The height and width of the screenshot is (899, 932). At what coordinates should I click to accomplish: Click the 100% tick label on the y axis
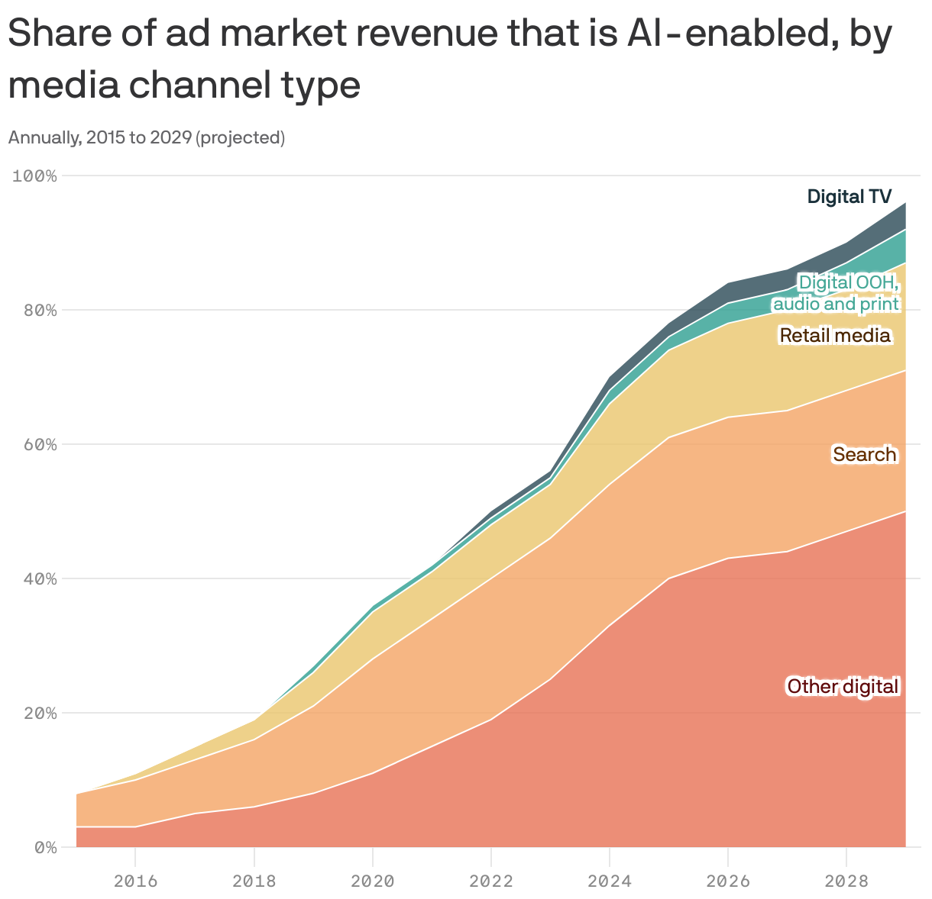pos(35,176)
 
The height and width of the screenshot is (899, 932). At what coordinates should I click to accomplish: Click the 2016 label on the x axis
pos(135,881)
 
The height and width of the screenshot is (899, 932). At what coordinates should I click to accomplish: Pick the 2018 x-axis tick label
pos(254,881)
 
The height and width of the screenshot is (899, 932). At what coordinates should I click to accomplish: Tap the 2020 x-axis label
pos(372,881)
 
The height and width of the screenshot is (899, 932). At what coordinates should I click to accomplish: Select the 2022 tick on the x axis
pos(490,881)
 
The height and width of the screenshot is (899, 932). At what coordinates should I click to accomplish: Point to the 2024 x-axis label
pos(609,881)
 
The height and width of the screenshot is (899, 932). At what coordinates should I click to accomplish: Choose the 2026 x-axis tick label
pos(727,881)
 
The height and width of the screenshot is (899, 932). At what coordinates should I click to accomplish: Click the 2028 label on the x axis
pos(846,881)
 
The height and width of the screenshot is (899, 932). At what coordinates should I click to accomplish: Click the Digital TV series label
pos(849,197)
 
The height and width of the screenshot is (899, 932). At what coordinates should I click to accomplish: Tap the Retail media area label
pos(834,336)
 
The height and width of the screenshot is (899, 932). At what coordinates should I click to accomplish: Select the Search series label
pos(864,455)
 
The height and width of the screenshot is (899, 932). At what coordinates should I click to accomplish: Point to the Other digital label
pos(843,687)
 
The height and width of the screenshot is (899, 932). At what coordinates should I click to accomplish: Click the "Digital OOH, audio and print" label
pos(837,294)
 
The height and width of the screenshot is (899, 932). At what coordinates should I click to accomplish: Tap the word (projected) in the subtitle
pos(240,138)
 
